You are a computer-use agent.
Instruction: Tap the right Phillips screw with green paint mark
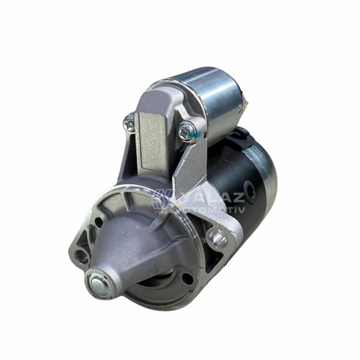(186, 131)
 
